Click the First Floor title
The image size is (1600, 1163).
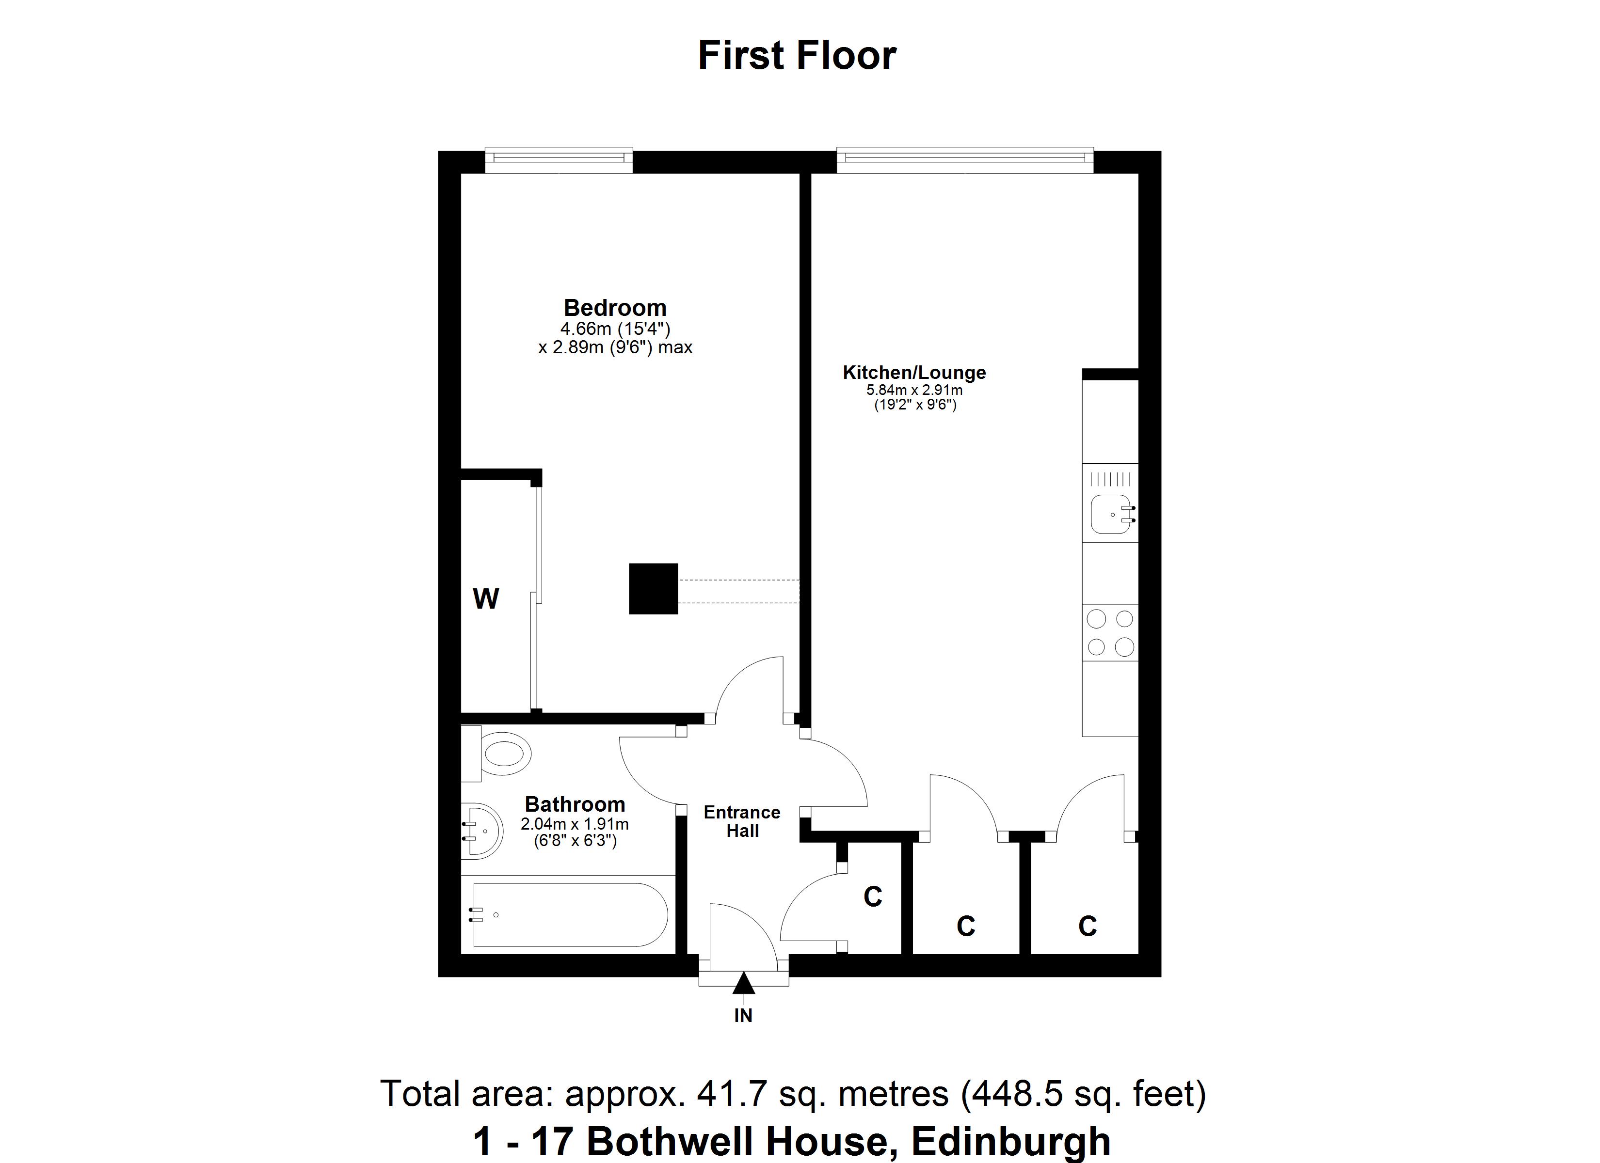pos(797,56)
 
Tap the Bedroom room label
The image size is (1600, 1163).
pos(614,308)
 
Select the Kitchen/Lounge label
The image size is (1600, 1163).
pos(914,372)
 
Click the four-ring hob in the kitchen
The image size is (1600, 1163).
pos(1110,633)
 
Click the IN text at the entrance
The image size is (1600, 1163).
pos(743,1016)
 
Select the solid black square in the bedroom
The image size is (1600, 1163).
pos(653,588)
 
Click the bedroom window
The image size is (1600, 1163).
pos(559,159)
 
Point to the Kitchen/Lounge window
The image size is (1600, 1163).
pos(964,159)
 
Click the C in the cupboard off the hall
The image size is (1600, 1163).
pos(873,897)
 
